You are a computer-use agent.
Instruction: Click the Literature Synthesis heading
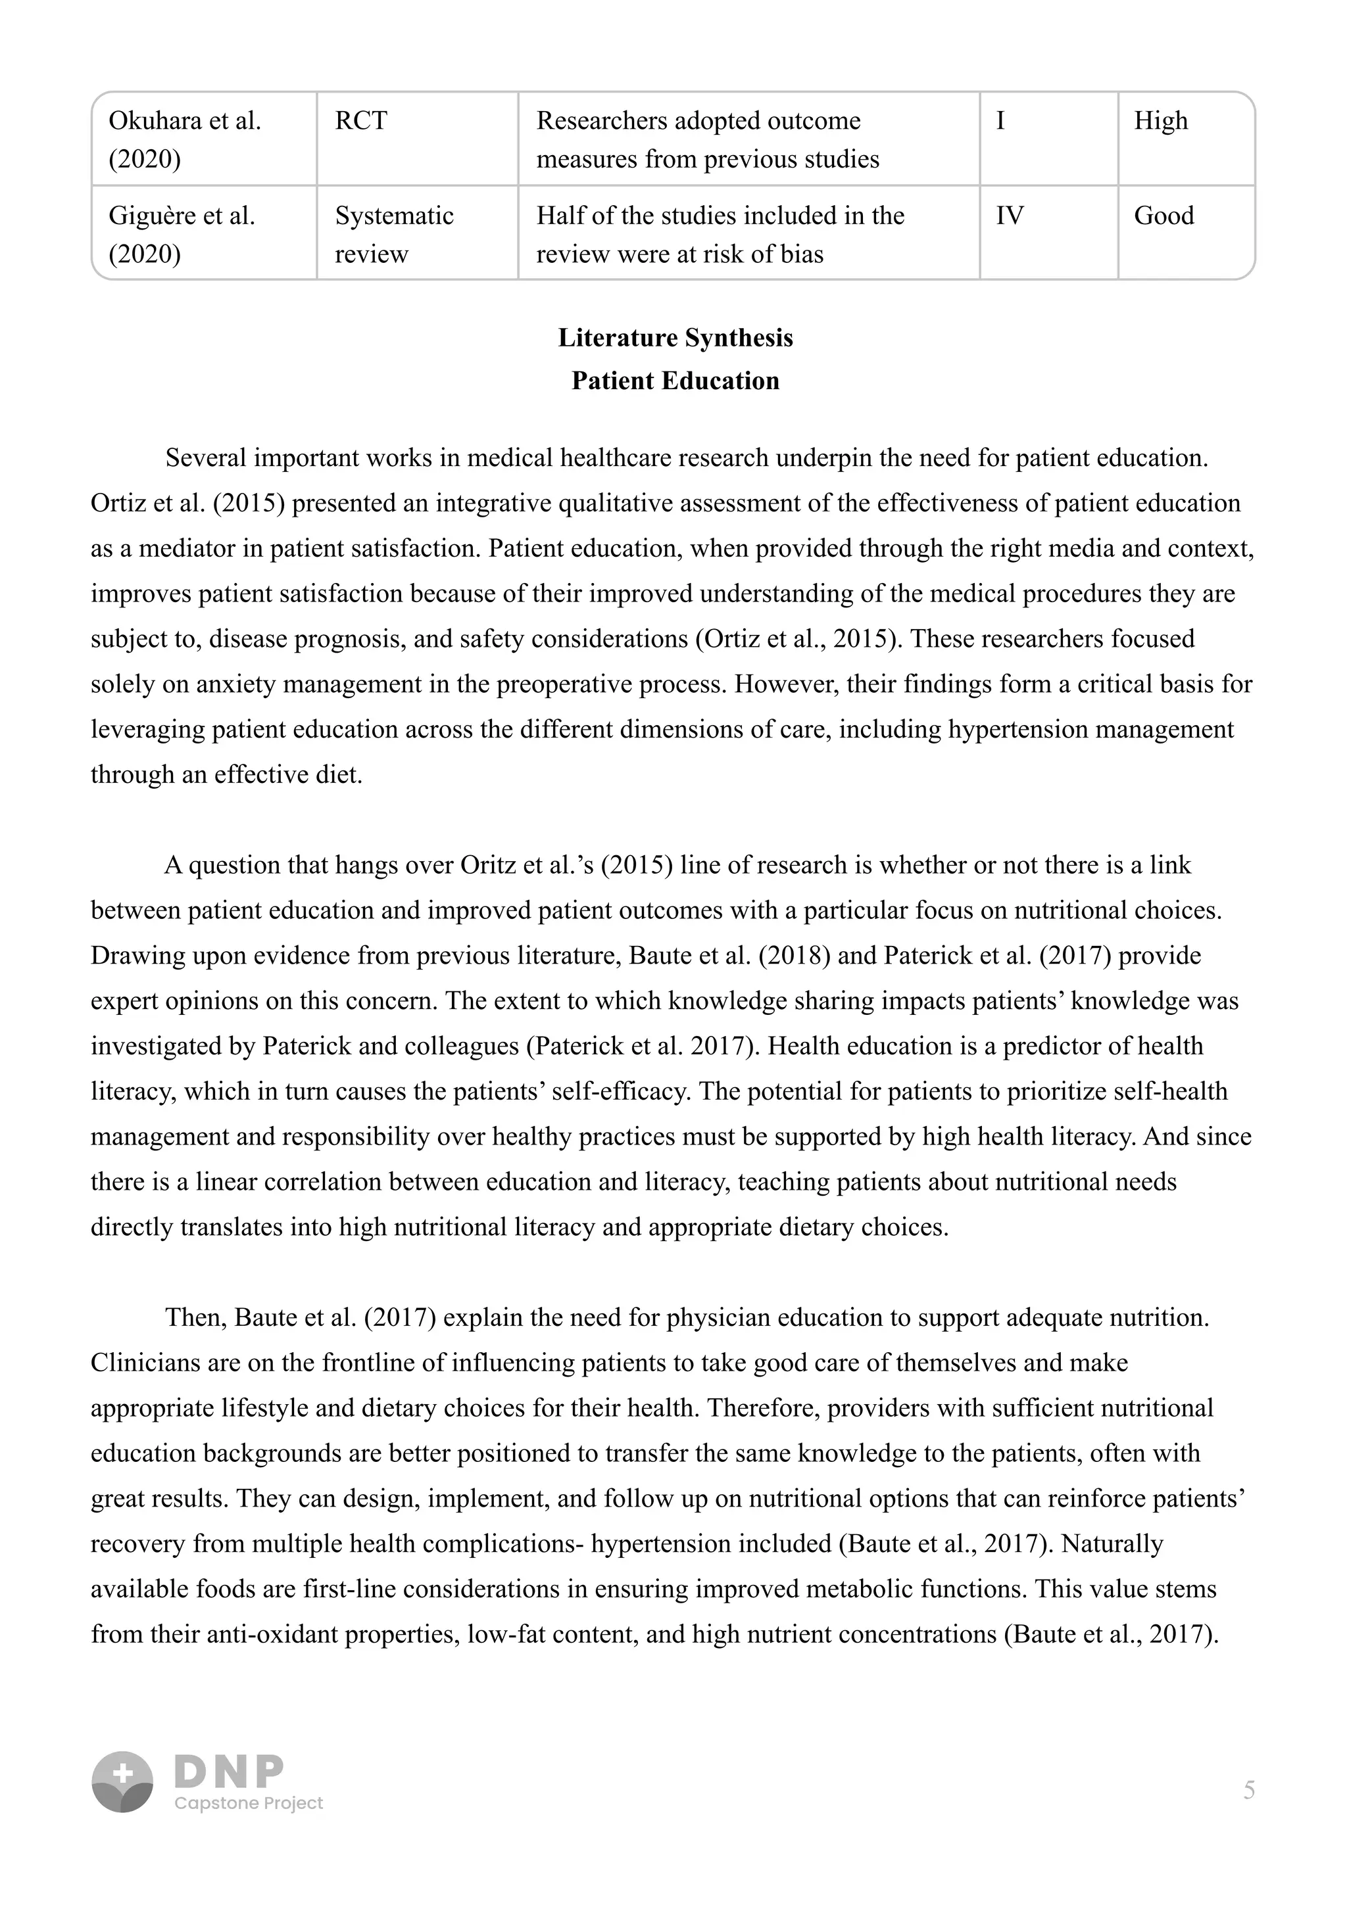[x=675, y=338]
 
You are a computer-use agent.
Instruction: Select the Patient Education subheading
[x=675, y=381]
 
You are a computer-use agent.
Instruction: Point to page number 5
[x=1248, y=1790]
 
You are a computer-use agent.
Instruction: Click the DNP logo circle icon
[x=122, y=1781]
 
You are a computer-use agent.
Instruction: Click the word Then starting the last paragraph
[x=195, y=1317]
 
